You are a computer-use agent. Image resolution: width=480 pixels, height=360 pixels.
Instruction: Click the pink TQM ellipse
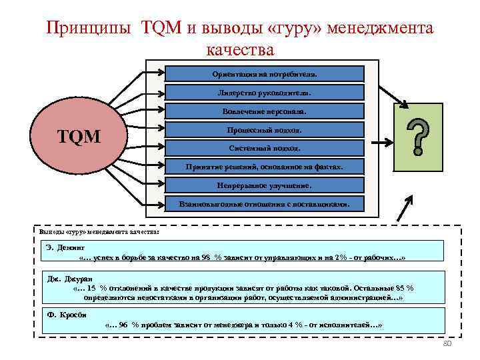[79, 137]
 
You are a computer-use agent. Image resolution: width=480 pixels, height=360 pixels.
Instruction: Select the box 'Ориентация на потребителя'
[265, 73]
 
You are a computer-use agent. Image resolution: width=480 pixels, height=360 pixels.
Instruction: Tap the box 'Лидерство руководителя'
[265, 92]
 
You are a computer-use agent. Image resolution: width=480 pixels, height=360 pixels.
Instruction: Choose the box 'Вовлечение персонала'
[265, 111]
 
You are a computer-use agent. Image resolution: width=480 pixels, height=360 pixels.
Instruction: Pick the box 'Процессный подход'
[265, 129]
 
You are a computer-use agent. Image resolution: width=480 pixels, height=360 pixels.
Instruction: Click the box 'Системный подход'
[265, 147]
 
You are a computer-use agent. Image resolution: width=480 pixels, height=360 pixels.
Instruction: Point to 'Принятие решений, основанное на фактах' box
[265, 166]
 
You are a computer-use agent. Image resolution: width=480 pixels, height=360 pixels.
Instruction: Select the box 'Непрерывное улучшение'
[265, 185]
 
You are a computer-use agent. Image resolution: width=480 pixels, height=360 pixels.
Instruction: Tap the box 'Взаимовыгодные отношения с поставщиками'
[265, 203]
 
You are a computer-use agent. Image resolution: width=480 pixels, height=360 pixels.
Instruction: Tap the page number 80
[448, 343]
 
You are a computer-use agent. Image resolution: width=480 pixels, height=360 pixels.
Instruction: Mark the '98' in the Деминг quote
[208, 257]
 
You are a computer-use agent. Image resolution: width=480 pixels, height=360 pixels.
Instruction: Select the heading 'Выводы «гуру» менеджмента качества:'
[99, 231]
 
